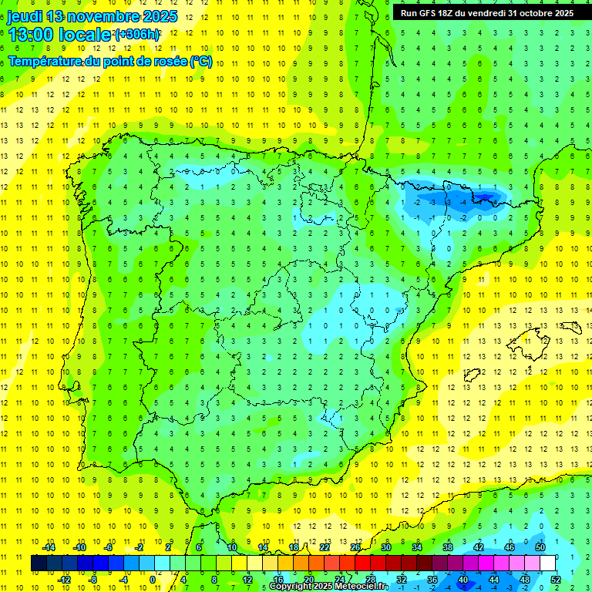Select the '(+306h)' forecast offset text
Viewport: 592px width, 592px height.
pyautogui.click(x=138, y=35)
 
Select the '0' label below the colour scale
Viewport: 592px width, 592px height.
pyautogui.click(x=153, y=579)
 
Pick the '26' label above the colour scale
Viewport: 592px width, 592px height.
pyautogui.click(x=355, y=547)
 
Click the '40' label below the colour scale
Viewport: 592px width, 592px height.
pyautogui.click(x=463, y=579)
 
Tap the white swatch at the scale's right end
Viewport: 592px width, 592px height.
pyautogui.click(x=549, y=563)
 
